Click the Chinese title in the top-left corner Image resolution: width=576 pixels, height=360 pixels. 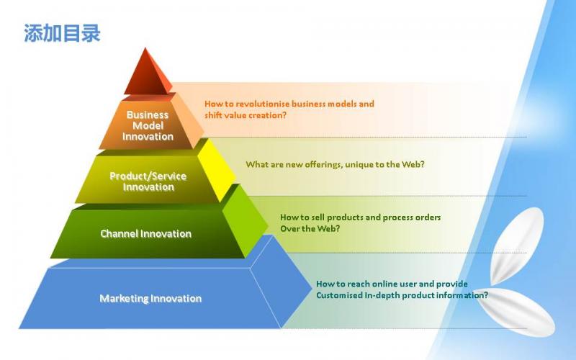[62, 33]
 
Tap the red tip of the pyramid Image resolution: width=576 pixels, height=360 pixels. [147, 73]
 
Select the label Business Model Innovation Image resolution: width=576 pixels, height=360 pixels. [148, 125]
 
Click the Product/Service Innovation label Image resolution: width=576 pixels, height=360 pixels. [148, 181]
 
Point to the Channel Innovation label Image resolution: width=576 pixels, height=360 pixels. [146, 233]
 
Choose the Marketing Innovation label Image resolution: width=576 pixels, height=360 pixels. [150, 298]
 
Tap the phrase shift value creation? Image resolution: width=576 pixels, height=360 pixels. [246, 115]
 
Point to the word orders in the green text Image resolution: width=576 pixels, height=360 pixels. [428, 217]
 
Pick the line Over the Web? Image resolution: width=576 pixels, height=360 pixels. [310, 228]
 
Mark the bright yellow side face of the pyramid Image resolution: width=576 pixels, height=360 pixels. [217, 171]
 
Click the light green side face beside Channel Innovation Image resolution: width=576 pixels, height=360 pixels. [246, 220]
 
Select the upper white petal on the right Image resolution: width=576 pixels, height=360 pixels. [516, 246]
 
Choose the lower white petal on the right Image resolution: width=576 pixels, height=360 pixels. [518, 310]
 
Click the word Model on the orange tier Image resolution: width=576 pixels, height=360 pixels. [148, 125]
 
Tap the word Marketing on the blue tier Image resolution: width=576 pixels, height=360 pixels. [124, 298]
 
